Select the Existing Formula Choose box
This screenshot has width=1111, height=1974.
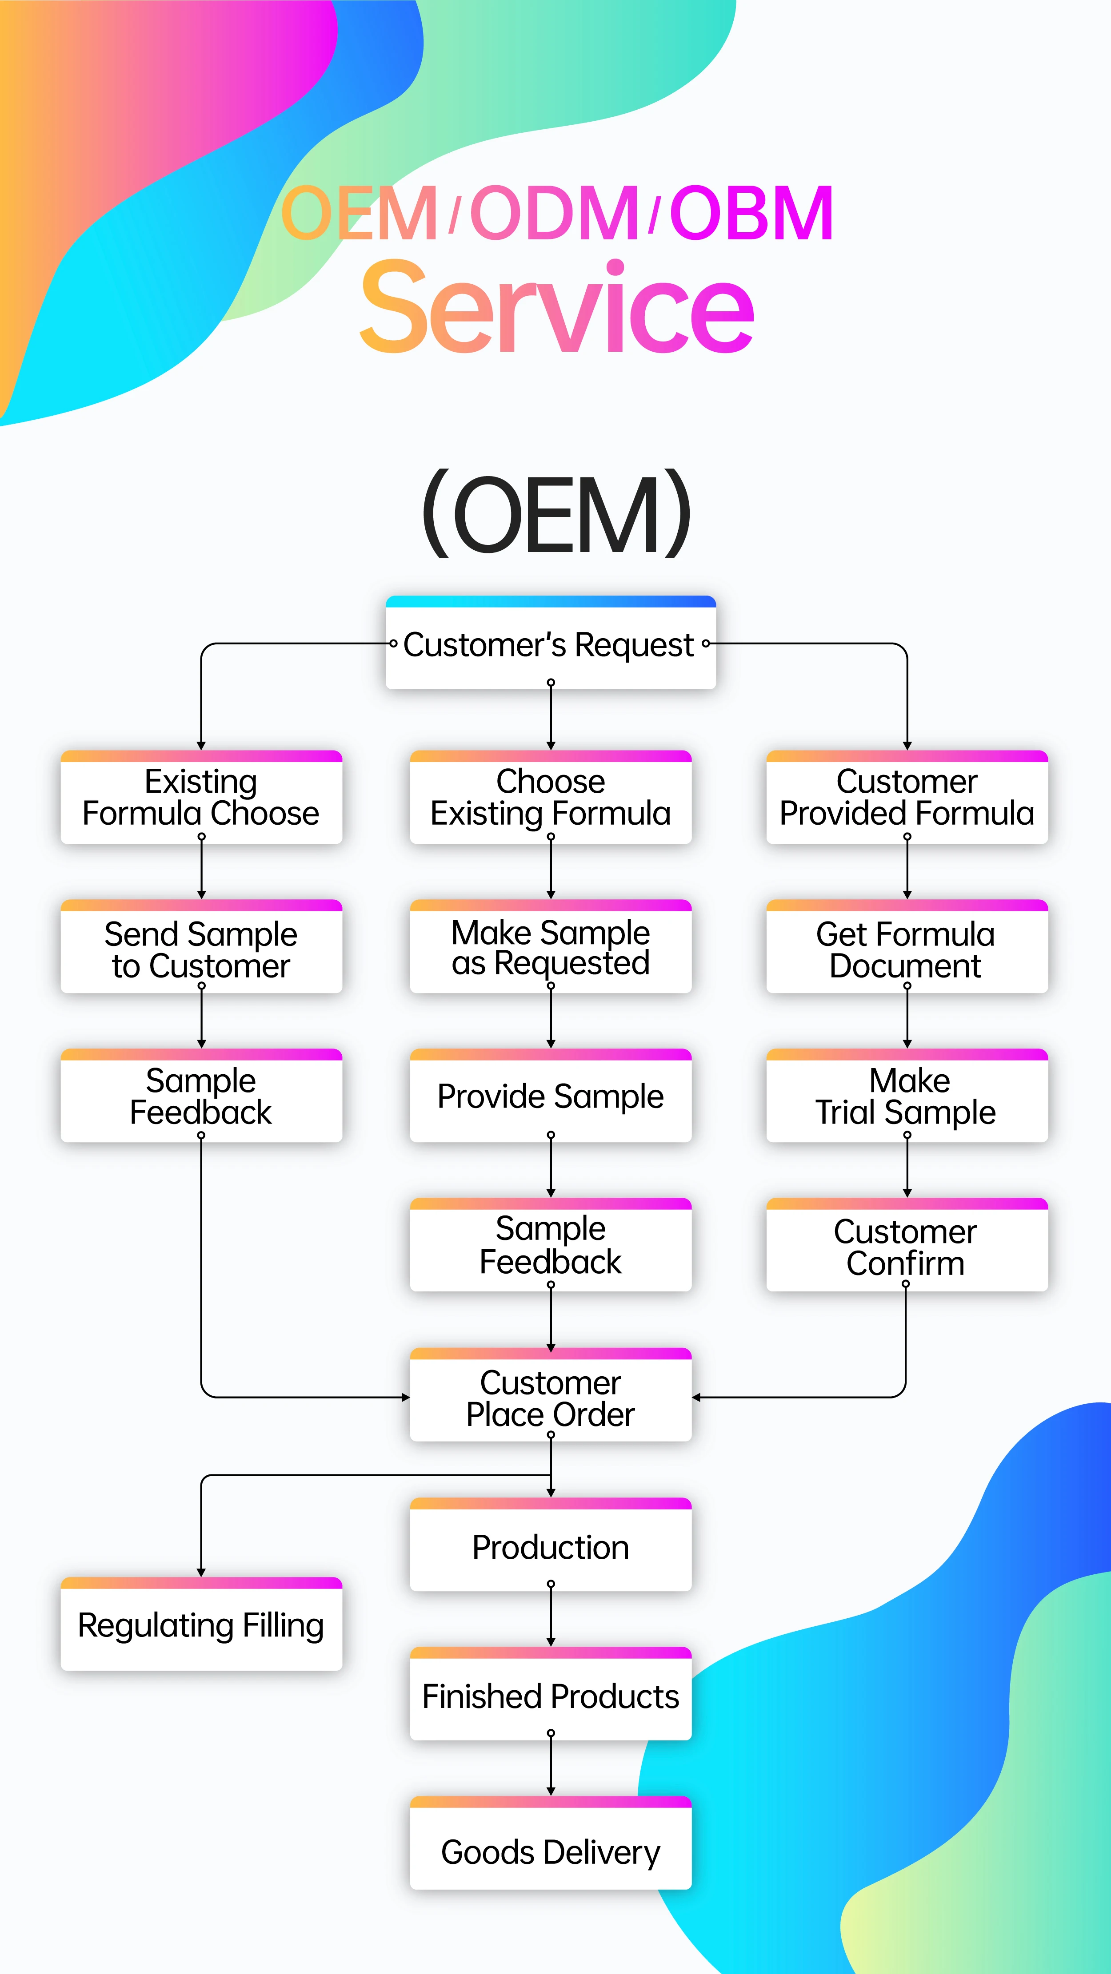point(201,798)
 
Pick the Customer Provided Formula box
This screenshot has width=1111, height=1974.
point(906,798)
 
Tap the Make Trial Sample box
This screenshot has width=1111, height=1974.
point(906,1096)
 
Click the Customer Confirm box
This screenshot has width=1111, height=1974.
point(906,1246)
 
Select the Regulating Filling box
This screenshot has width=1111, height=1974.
point(201,1625)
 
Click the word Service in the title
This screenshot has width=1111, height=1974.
point(557,308)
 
